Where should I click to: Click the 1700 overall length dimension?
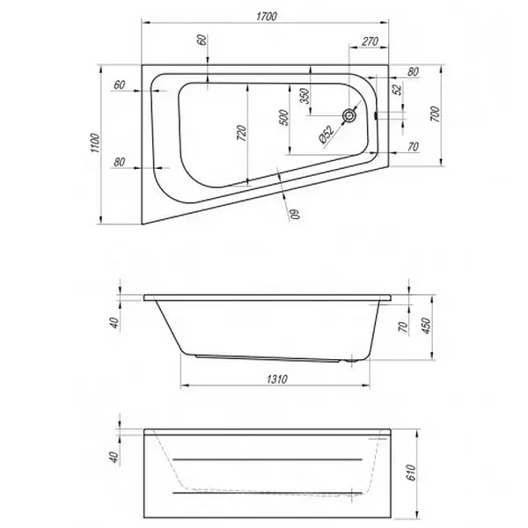coord(267,17)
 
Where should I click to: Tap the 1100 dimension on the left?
coord(95,143)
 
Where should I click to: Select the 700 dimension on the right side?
coord(435,114)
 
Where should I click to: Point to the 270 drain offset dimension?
coord(370,41)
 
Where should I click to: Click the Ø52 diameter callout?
coord(326,135)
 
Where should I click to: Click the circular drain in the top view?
coord(349,116)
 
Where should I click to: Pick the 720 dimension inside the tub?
coord(242,133)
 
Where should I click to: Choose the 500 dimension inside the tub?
coord(284,118)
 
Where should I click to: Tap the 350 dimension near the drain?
coord(304,96)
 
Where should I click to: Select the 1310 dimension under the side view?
coord(277,379)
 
